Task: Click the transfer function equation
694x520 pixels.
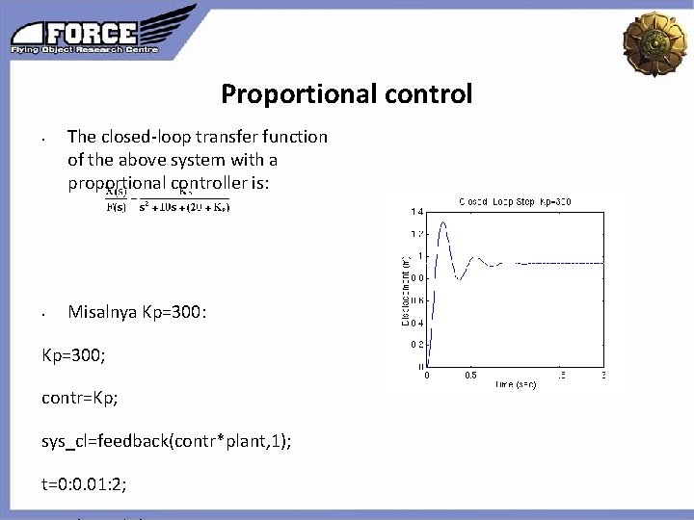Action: click(168, 198)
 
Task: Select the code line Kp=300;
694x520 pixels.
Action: click(73, 355)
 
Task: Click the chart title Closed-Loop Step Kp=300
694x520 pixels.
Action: click(515, 201)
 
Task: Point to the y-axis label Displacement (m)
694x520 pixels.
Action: click(406, 288)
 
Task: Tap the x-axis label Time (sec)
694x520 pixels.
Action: click(516, 383)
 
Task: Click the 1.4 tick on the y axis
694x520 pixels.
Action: click(416, 211)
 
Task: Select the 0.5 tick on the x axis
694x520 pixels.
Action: click(470, 375)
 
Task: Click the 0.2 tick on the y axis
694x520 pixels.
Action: click(416, 344)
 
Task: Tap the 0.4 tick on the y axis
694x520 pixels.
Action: click(416, 322)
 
